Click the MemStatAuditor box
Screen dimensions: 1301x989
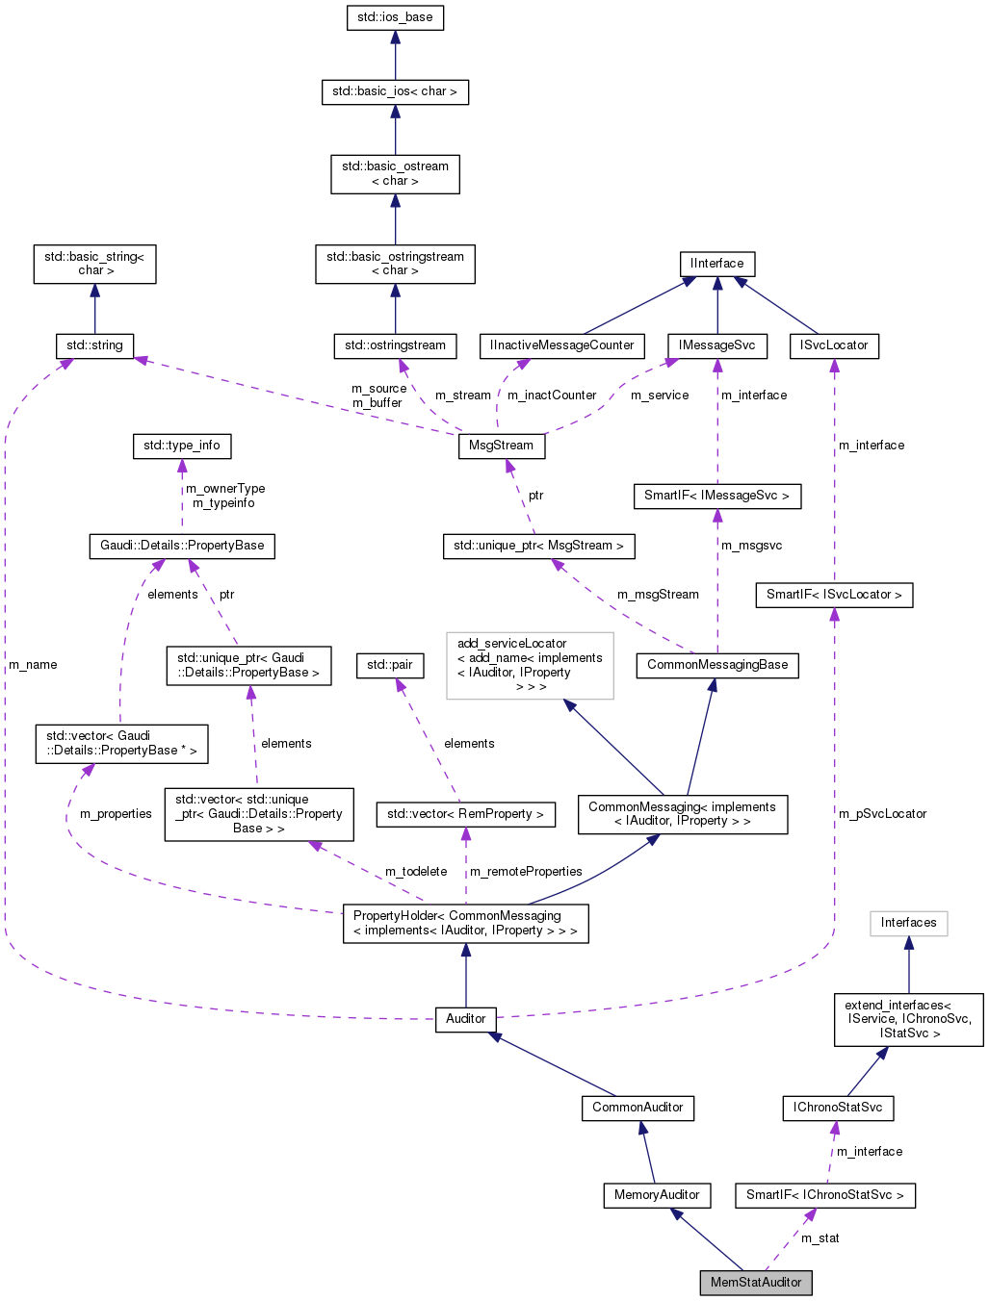[x=755, y=1283]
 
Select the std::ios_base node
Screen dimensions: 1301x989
[x=395, y=17]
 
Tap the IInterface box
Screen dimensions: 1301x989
[x=716, y=264]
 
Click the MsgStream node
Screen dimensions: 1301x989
[x=501, y=446]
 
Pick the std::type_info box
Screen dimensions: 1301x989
[x=181, y=446]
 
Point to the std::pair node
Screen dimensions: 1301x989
[x=389, y=665]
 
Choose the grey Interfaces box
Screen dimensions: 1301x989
[x=908, y=923]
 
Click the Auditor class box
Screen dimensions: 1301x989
[x=466, y=1019]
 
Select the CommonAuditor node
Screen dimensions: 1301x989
[x=638, y=1108]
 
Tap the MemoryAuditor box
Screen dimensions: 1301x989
[x=657, y=1195]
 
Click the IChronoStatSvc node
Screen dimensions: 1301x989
[x=838, y=1108]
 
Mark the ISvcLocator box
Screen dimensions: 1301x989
[x=834, y=345]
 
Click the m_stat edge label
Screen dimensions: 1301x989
[x=820, y=1238]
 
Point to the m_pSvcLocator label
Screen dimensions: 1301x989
[x=882, y=814]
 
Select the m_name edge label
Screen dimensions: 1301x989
[x=33, y=665]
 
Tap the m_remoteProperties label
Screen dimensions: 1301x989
[x=526, y=872]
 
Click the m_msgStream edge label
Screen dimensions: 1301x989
[x=658, y=595]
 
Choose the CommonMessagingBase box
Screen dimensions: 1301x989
[x=717, y=665]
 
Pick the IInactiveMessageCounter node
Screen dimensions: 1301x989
[x=562, y=345]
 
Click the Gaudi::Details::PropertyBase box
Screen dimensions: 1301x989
[x=182, y=546]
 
